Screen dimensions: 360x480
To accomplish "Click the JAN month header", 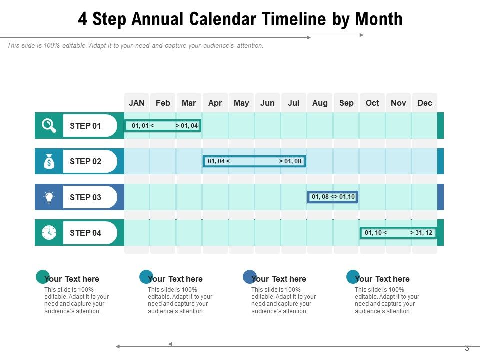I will [136, 103].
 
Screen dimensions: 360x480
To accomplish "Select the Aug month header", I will [320, 103].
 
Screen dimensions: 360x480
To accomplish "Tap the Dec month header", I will [424, 103].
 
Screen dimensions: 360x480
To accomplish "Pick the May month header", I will [241, 103].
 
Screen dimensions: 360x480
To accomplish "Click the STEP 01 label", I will [85, 126].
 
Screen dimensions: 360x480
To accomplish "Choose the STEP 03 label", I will [85, 197].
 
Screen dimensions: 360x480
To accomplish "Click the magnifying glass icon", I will [49, 126].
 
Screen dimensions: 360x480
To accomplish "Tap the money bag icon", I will [49, 161].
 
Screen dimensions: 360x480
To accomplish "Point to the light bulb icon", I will [49, 197].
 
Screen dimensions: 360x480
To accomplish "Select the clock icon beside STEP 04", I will [49, 233].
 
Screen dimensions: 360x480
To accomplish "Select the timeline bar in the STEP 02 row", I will [254, 161].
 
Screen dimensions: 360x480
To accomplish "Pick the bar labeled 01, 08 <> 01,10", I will [333, 197].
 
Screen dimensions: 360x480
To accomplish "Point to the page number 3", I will [467, 348].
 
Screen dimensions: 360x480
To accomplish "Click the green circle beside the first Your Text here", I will [43, 277].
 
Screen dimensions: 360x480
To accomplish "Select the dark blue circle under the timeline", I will [249, 277].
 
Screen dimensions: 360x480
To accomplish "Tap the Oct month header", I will [372, 103].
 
